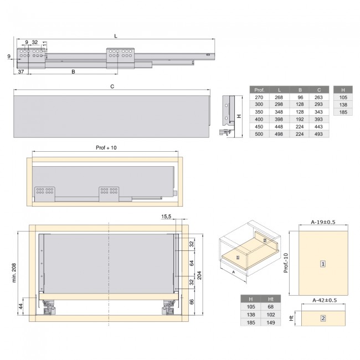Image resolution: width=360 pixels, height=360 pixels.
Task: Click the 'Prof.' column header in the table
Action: (x=259, y=90)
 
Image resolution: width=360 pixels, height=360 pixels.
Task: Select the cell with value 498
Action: (x=279, y=134)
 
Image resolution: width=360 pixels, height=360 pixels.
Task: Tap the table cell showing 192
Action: (x=300, y=120)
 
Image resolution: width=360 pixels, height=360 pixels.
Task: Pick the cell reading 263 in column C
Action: (x=318, y=97)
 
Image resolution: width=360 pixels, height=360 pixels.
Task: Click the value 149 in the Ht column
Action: (x=271, y=322)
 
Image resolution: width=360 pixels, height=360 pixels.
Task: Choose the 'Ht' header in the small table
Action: (x=271, y=299)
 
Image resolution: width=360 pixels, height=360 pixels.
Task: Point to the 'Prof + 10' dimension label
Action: (x=106, y=148)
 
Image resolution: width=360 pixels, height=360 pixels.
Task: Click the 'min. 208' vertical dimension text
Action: (x=14, y=272)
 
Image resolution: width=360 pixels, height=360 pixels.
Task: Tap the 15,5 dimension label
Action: (x=166, y=217)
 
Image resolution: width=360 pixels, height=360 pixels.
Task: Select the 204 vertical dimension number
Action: (x=199, y=275)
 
